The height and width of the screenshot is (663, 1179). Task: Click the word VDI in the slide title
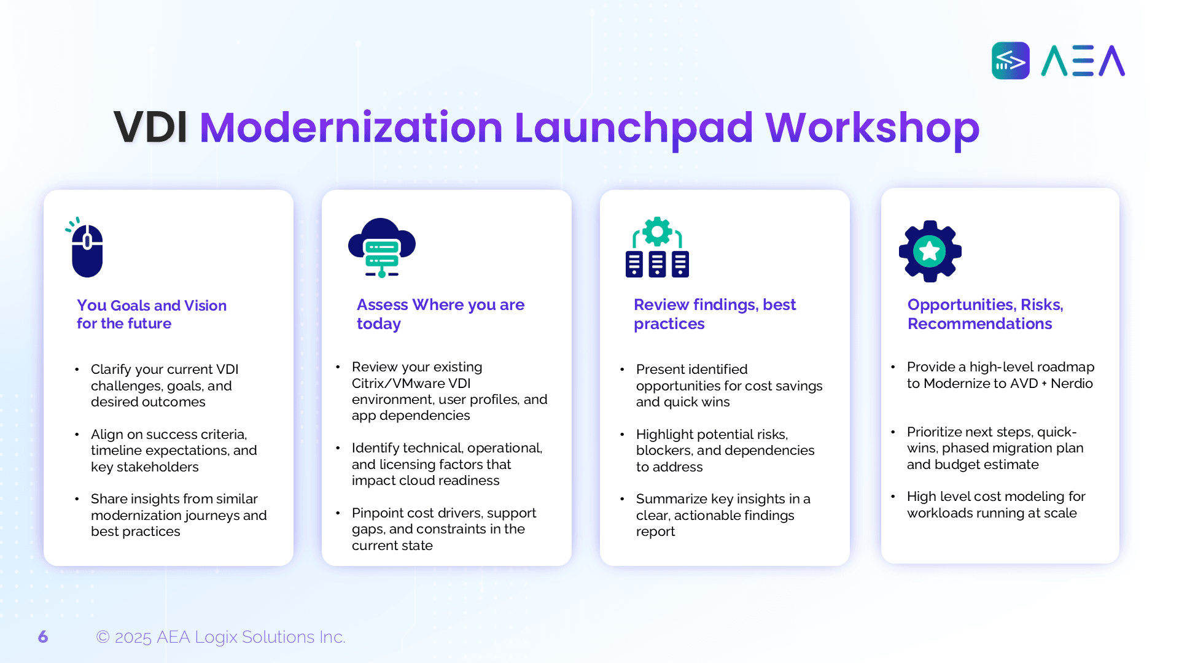[150, 128]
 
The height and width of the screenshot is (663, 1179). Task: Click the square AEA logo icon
[1010, 60]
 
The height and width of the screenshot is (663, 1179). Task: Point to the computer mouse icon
[85, 247]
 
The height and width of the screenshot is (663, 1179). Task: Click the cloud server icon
[382, 248]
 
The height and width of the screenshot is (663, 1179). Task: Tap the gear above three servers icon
[657, 247]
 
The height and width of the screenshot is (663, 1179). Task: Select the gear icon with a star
[930, 251]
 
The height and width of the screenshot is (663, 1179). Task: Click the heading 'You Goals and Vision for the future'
[152, 314]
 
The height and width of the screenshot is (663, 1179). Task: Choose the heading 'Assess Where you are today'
[440, 314]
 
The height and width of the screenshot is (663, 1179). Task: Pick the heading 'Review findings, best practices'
[715, 314]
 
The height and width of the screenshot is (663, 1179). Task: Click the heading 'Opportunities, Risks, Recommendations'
[986, 314]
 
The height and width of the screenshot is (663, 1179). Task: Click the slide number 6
[43, 637]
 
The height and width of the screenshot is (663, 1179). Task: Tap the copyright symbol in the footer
[103, 637]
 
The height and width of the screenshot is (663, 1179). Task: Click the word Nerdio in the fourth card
[1072, 384]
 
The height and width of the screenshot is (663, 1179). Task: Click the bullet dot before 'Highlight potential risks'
[622, 435]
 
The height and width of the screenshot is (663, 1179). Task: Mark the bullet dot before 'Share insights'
[77, 499]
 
